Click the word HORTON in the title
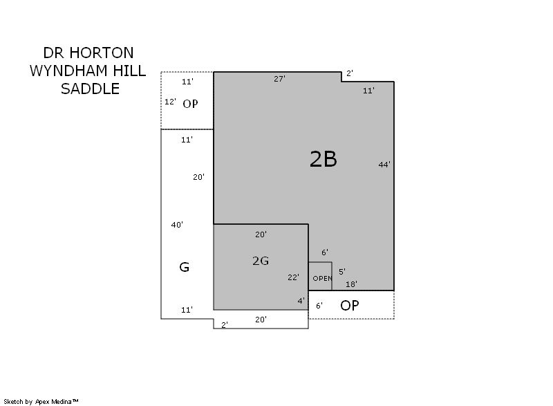coord(101,53)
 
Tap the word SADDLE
coord(90,89)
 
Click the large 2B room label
coord(323,159)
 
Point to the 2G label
coord(261,261)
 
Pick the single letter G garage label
coord(184,267)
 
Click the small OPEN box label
coord(322,278)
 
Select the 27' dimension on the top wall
coord(279,79)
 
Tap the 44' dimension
coord(384,165)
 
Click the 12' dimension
coord(170,102)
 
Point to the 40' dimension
coord(177,225)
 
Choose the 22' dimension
coord(293,277)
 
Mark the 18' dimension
coord(351,284)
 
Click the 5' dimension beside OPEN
coord(342,272)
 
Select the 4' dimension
coord(301,301)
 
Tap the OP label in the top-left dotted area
coord(190,104)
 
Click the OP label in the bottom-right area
coord(350,306)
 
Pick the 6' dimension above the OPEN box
coord(325,252)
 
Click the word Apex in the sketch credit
coord(42,402)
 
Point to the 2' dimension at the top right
coord(350,73)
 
